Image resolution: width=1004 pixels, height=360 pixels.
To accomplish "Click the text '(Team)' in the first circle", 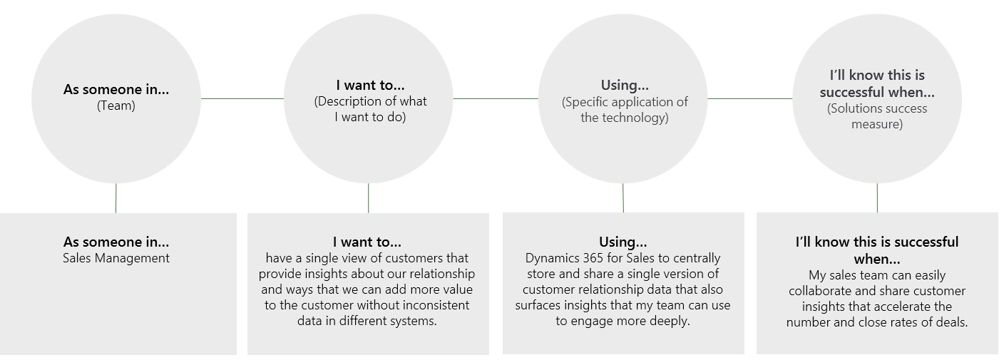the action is pos(116,106).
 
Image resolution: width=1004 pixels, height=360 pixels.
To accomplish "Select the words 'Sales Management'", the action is pos(116,258).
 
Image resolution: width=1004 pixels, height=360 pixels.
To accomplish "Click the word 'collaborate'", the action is pos(820,291).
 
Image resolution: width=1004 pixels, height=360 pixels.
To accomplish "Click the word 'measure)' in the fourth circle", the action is pos(877,124).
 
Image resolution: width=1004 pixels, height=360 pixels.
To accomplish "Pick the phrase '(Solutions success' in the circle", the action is pos(877,108).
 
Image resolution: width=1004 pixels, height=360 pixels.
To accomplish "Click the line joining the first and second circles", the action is pos(242,98).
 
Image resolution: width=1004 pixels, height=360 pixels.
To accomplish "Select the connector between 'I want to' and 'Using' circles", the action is pos(496,98).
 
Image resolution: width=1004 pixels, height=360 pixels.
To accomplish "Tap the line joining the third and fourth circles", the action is pos(750,98).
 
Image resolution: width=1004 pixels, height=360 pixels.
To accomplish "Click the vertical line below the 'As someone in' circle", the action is pos(116,198).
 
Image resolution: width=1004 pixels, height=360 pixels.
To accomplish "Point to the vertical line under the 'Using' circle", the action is pos(623,197).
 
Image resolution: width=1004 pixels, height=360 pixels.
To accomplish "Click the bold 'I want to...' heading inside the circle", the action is pos(370,85).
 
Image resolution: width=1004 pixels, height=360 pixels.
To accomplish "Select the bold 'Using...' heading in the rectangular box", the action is pos(623,242).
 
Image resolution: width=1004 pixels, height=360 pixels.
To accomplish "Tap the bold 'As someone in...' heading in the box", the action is pos(116,242).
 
